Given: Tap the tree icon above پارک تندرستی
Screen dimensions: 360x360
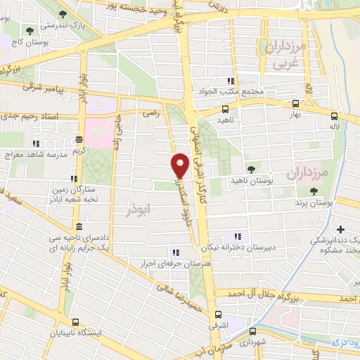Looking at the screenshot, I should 64,13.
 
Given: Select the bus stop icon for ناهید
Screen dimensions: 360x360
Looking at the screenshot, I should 226,109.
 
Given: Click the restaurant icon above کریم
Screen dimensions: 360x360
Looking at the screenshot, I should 79,139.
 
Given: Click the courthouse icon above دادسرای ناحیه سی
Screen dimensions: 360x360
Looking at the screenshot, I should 79,226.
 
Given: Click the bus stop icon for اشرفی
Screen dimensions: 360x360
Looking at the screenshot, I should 219,314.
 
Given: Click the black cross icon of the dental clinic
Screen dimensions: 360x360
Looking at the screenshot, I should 341,229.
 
